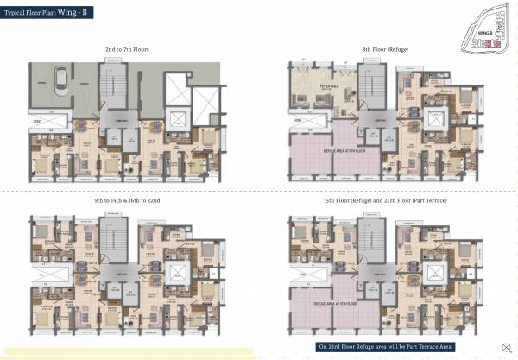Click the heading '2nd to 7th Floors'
click(127, 50)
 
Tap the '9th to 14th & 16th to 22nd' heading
click(127, 200)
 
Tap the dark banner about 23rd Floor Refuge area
click(388, 347)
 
